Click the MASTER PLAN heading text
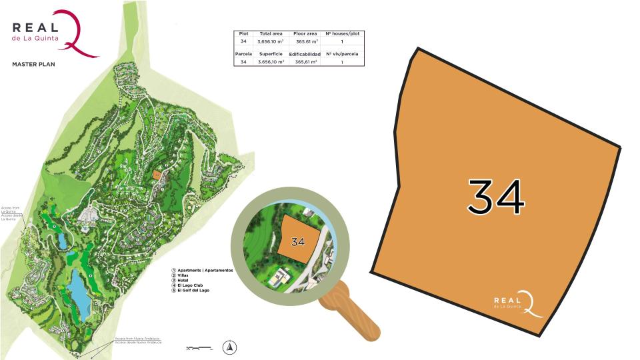(x=33, y=65)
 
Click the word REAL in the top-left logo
(x=35, y=27)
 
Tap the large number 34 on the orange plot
(x=496, y=197)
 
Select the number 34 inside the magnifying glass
(x=297, y=242)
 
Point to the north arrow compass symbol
(x=229, y=346)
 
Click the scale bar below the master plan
(x=200, y=347)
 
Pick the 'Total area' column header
(x=271, y=33)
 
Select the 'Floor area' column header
(x=305, y=33)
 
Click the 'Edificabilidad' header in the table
(x=305, y=54)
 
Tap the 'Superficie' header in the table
(x=271, y=54)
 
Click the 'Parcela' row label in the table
(x=243, y=54)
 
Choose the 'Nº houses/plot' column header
(x=341, y=33)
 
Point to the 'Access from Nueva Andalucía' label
(x=139, y=339)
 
